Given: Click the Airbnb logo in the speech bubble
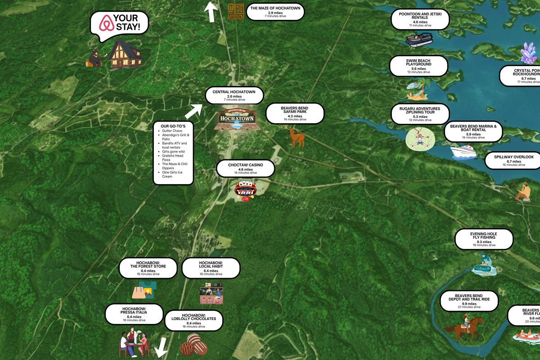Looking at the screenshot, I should (106, 22).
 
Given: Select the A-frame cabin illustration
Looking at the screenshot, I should (125, 54).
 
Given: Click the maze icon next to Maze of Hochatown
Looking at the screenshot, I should (235, 11).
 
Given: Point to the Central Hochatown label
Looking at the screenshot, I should (234, 95).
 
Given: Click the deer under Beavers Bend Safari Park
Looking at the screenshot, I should (296, 136).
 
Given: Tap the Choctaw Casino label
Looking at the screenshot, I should (245, 168).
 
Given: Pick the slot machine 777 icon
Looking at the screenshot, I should (245, 190).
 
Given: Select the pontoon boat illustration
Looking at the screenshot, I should (419, 39).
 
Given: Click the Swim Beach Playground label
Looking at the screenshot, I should (418, 66).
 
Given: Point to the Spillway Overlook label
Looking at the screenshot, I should (513, 160).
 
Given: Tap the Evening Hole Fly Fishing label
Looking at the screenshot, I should (484, 239).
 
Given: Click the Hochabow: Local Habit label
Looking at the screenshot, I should (211, 268).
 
